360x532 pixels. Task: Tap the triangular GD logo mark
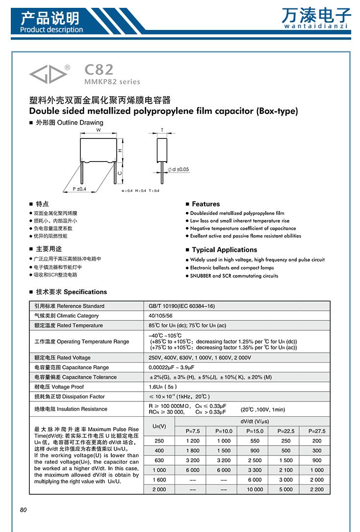point(47,73)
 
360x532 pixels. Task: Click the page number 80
point(23,510)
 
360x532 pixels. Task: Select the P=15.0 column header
point(255,431)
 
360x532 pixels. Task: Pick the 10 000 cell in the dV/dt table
point(255,489)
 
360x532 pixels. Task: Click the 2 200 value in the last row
point(317,489)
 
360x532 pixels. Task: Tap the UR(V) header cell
point(159,426)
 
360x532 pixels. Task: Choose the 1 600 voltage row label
point(159,479)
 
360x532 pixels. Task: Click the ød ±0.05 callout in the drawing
point(179,169)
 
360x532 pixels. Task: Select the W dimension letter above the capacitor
point(99,130)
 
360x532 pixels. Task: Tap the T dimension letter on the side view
point(162,130)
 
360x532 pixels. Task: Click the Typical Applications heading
point(224,250)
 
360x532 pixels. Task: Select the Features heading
point(206,204)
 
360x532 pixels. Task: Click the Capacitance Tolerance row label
point(76,377)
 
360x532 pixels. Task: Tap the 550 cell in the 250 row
point(255,441)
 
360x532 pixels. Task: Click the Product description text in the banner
point(52,29)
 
